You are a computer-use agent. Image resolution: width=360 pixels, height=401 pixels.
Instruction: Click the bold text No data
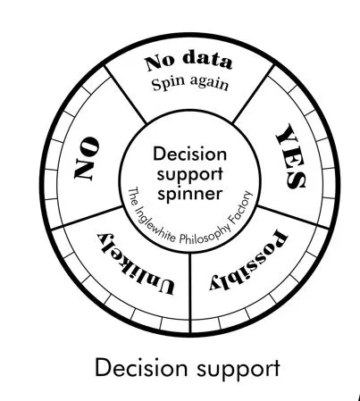(x=188, y=63)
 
